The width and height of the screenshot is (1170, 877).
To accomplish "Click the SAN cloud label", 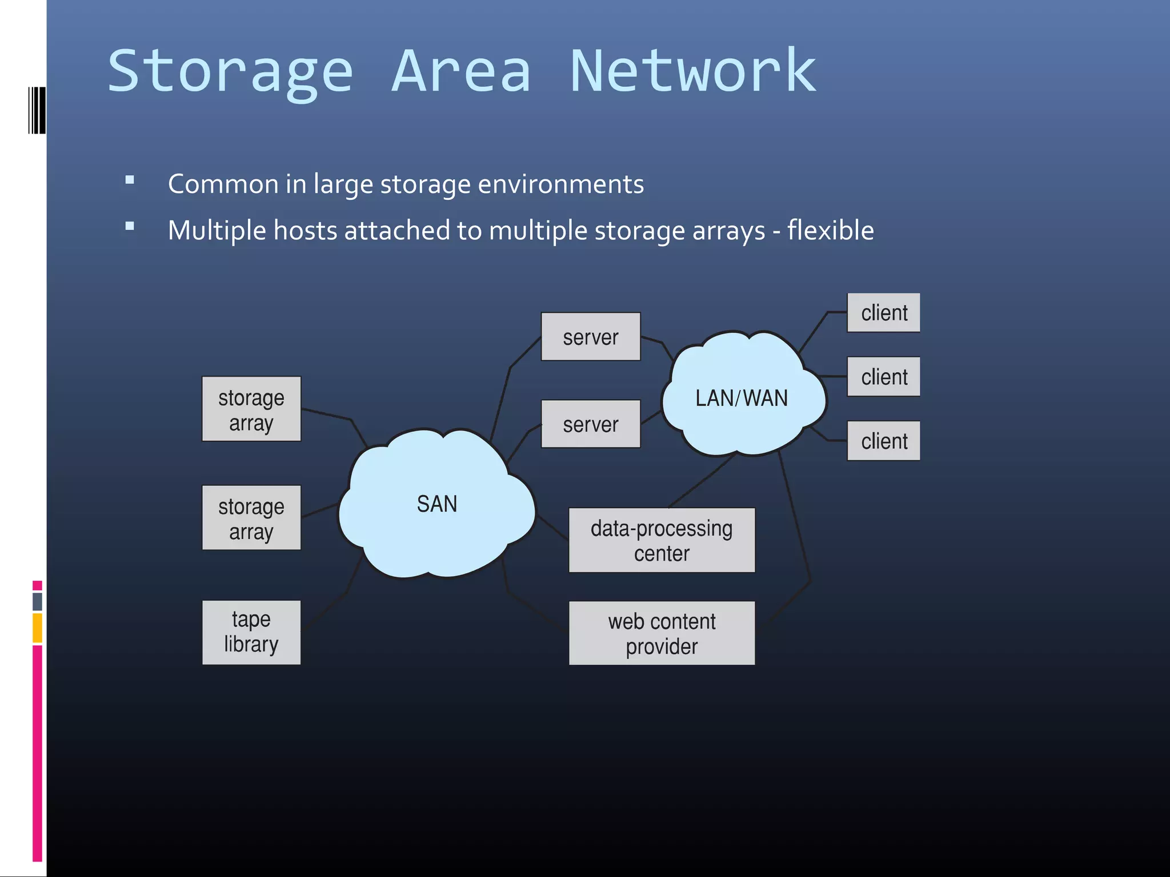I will coord(437,504).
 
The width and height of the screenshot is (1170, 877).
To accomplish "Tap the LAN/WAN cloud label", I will coord(742,398).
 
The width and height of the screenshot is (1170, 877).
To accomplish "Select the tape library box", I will coord(251,632).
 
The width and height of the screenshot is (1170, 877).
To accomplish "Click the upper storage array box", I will coord(251,409).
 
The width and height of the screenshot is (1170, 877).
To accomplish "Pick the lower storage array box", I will coord(251,518).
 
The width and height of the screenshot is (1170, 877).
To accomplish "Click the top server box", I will coord(591,337).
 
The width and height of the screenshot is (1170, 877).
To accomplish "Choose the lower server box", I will coord(591,424).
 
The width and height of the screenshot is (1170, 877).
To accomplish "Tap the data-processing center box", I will coord(662,540).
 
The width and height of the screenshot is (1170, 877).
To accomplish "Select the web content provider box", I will coord(662,633).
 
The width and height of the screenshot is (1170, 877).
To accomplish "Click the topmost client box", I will coord(883,313).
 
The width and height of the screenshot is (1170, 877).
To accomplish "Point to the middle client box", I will coord(883,377).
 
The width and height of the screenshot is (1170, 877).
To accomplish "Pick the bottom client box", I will coord(883,441).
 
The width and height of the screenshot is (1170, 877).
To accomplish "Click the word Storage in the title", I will coord(230,73).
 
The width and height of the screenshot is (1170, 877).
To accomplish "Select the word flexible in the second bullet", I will coord(830,231).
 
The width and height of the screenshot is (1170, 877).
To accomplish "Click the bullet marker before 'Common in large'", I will coord(130,180).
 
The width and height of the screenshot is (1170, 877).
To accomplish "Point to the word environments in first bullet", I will coord(560,184).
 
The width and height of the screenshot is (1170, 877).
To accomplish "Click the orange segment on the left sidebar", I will coord(37,627).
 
